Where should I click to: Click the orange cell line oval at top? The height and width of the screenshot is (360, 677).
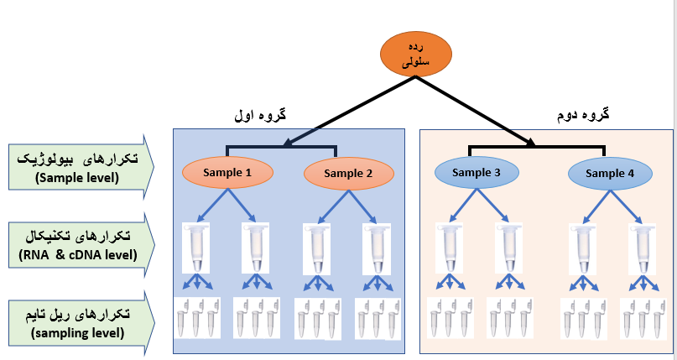pyautogui.click(x=416, y=55)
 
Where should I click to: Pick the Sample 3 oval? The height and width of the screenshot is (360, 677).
pyautogui.click(x=477, y=173)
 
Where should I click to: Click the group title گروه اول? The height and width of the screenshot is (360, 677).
pyautogui.click(x=262, y=116)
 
